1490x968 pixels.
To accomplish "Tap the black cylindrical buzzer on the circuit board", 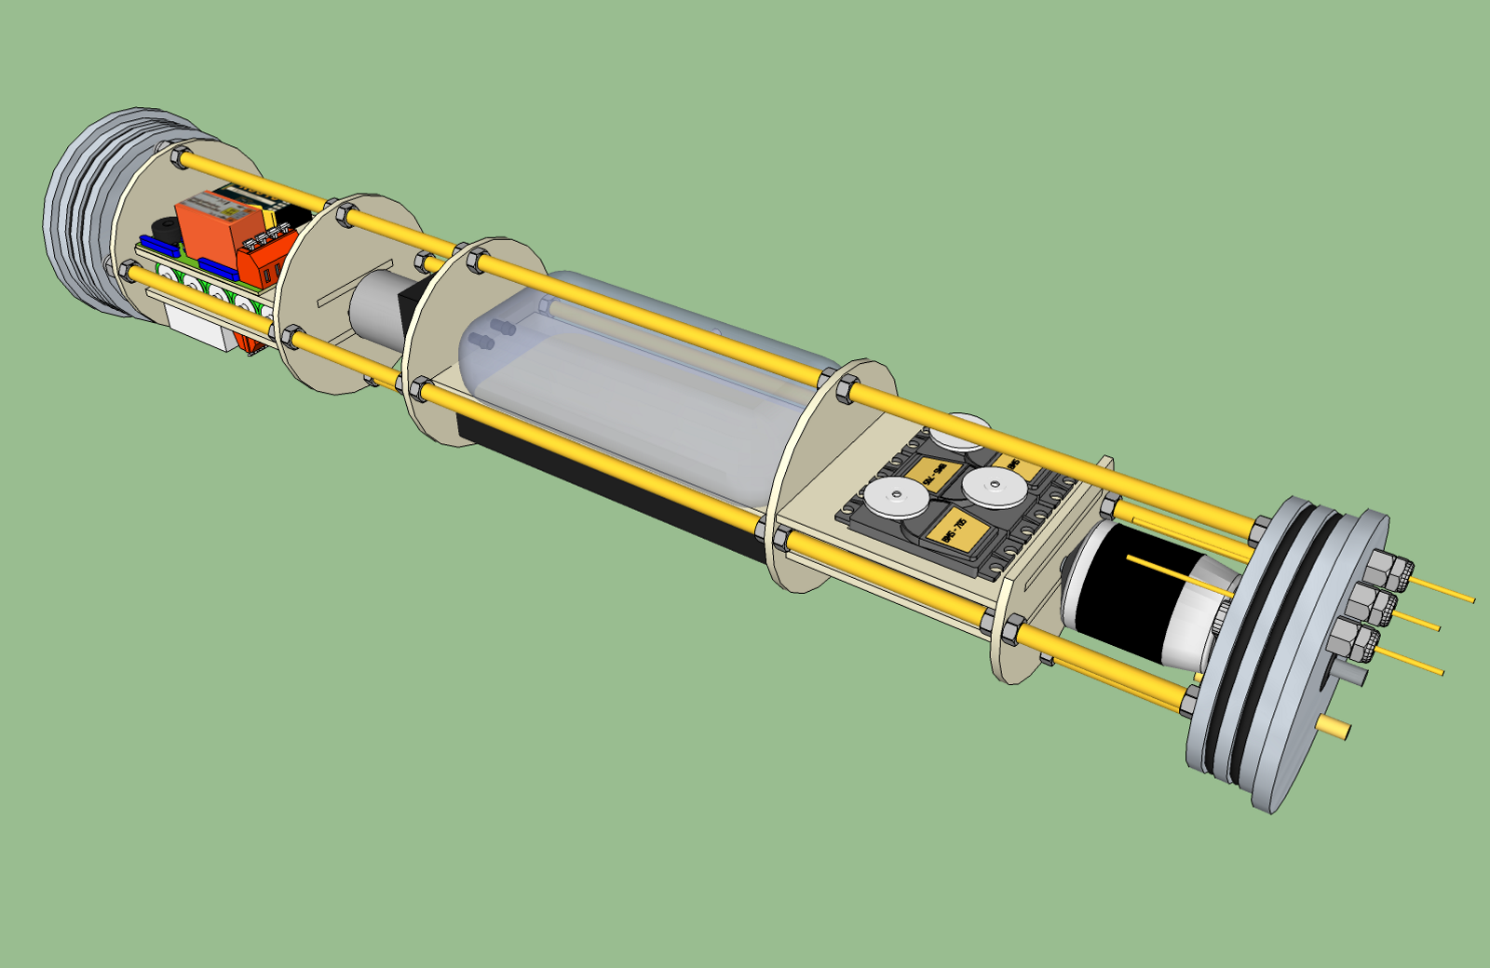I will coord(165,230).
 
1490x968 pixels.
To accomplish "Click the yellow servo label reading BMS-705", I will coord(959,532).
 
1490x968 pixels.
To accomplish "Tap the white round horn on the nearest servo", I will coord(893,500).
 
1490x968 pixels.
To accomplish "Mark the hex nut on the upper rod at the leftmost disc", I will coord(180,156).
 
